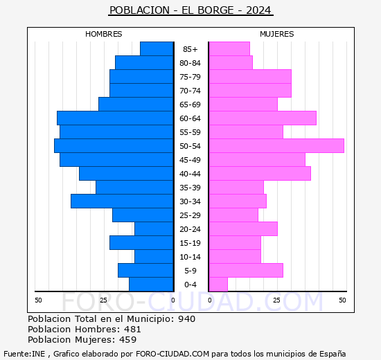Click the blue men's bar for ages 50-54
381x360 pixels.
coord(114,146)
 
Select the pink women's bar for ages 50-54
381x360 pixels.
coord(276,146)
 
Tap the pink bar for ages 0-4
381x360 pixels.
coord(218,285)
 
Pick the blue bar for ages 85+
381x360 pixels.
coord(157,49)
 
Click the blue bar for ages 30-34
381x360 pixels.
coord(122,201)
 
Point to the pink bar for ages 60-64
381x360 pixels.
coord(263,118)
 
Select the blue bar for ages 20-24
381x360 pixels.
coord(154,229)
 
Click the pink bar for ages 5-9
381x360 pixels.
coord(246,271)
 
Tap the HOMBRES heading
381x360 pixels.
coord(104,34)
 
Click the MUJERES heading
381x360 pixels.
coord(277,34)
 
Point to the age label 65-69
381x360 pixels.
coord(190,105)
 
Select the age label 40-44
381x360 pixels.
coord(190,174)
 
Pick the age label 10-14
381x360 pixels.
coord(190,257)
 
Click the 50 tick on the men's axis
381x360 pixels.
coord(38,300)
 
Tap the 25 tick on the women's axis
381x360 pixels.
coord(276,300)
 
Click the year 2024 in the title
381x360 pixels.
coord(258,10)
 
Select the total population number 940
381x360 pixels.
coord(186,319)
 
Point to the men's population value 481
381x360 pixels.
coord(132,330)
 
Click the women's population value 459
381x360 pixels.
coord(128,340)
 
